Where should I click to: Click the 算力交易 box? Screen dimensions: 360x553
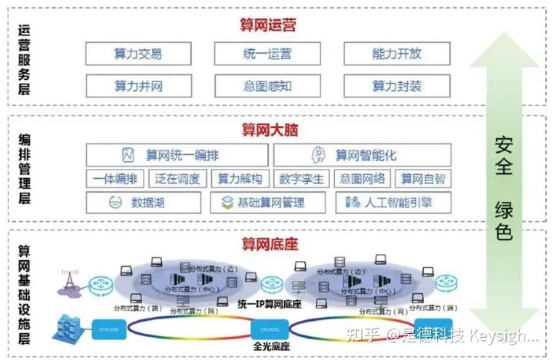pyautogui.click(x=138, y=54)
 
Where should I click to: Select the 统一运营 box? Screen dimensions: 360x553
pyautogui.click(x=267, y=54)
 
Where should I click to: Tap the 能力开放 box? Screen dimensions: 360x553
pyautogui.click(x=396, y=54)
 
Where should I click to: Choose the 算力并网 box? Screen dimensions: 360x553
pyautogui.click(x=138, y=84)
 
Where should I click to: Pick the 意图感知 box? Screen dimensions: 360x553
pyautogui.click(x=267, y=84)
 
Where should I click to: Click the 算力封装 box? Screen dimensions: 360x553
pyautogui.click(x=396, y=84)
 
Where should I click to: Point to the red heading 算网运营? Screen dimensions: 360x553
pyautogui.click(x=267, y=25)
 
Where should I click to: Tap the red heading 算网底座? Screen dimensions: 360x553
pyautogui.click(x=267, y=244)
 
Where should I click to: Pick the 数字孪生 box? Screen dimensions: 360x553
pyautogui.click(x=302, y=179)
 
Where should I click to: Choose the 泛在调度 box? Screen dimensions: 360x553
pyautogui.click(x=177, y=179)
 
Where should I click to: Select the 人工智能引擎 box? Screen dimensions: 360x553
pyautogui.click(x=392, y=203)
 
